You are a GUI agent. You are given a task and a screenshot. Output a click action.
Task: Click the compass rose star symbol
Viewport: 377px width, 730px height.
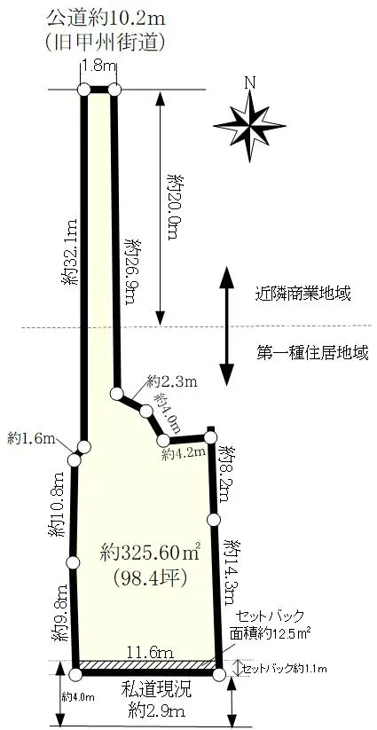click(x=250, y=126)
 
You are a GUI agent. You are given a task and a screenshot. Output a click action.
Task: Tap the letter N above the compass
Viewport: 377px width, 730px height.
click(x=250, y=82)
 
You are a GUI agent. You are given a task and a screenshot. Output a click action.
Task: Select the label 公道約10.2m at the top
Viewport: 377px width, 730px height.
click(x=106, y=20)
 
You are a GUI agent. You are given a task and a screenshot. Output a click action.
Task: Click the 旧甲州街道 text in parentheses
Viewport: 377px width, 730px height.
click(x=106, y=43)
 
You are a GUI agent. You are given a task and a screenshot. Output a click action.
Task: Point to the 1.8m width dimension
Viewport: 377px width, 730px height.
click(x=98, y=66)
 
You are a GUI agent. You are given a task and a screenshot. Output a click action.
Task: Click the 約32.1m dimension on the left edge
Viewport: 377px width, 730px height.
click(x=70, y=251)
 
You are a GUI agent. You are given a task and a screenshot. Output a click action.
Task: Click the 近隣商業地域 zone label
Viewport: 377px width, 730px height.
click(x=302, y=294)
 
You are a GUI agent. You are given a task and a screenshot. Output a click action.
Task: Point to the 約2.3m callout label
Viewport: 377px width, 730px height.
click(x=172, y=382)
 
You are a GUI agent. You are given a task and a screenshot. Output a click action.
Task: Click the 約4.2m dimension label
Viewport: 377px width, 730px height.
click(x=184, y=453)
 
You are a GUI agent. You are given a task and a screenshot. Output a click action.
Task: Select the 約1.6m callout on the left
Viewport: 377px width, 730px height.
click(x=32, y=438)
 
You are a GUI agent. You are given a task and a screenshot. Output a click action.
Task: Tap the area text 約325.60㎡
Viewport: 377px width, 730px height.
click(x=150, y=553)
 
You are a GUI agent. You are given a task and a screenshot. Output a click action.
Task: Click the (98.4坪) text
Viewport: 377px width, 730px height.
click(x=150, y=577)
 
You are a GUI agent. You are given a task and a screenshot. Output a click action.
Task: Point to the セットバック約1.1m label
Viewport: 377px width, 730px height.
click(x=285, y=669)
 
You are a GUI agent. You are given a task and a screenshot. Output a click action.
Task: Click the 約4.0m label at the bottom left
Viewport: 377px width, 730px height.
click(x=78, y=697)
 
